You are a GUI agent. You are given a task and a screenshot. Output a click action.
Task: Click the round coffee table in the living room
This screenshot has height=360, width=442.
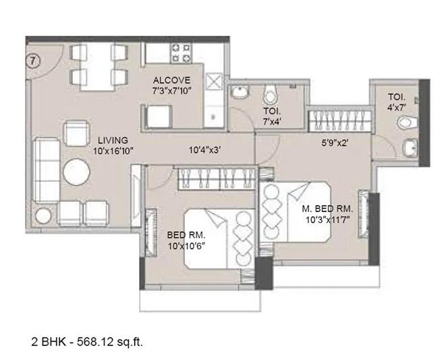coord(76,172)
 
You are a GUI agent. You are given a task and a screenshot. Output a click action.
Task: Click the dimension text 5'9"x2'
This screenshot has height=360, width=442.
coord(334,143)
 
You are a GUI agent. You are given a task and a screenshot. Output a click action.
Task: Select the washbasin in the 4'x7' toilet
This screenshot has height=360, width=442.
coord(409,148)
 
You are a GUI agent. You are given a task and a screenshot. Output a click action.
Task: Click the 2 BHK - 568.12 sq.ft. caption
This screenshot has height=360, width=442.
coord(87,342)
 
